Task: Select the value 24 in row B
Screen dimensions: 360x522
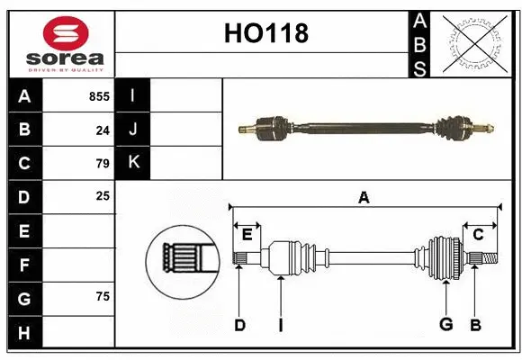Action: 103,130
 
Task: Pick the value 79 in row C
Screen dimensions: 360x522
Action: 103,163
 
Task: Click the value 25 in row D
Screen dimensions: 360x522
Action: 103,195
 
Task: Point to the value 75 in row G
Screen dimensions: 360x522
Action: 103,296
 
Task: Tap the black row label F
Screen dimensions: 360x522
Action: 24,265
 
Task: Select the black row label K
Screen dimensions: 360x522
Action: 133,163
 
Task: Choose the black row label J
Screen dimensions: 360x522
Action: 133,130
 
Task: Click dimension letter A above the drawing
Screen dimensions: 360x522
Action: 364,197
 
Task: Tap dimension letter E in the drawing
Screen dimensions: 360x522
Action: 247,235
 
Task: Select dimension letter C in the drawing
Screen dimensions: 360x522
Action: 478,235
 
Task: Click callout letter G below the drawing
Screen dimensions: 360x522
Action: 445,324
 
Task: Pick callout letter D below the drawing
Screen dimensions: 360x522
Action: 239,325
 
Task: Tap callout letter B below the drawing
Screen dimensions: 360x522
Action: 475,324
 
